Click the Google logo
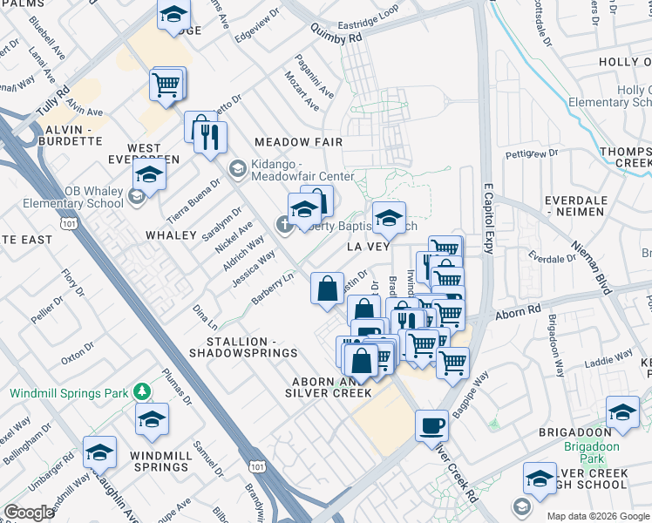tap(29, 513)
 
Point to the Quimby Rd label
tap(336, 39)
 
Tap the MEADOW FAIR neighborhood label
tap(298, 142)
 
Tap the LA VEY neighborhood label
tap(367, 248)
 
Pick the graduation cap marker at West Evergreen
tap(149, 177)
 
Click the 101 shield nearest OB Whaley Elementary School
tap(66, 224)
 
